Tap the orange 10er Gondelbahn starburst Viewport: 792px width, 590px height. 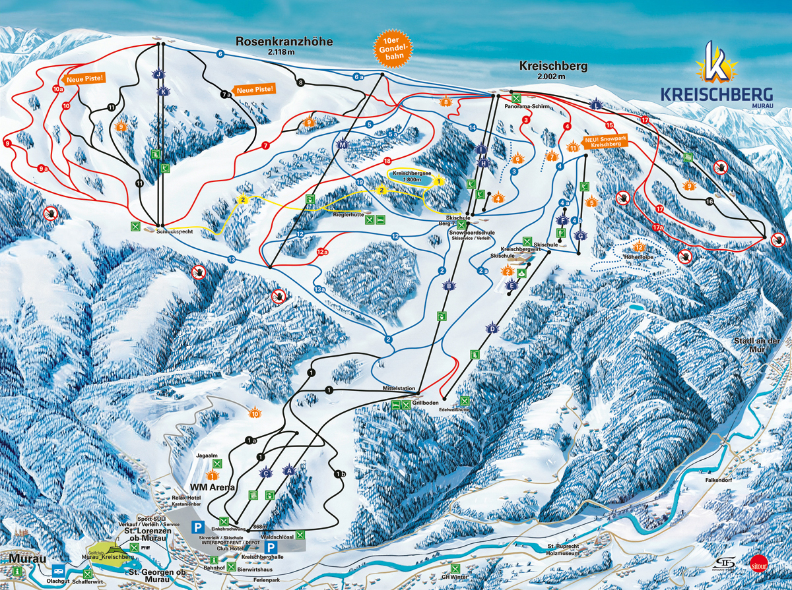pyautogui.click(x=393, y=50)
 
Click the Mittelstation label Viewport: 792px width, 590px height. pyautogui.click(x=397, y=389)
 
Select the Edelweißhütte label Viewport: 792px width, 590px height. pyautogui.click(x=452, y=409)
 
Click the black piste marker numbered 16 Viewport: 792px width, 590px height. pyautogui.click(x=709, y=202)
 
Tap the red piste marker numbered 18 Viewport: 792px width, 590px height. pyautogui.click(x=387, y=162)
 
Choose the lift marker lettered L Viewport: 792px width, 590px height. pyautogui.click(x=596, y=105)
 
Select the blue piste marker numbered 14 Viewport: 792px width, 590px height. pyautogui.click(x=472, y=127)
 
